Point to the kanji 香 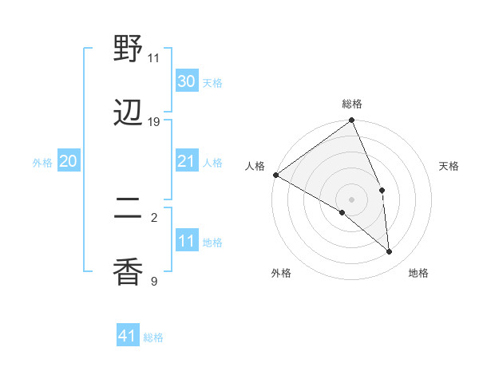tap(129, 273)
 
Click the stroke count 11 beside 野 tap(153, 58)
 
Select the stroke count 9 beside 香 tap(153, 281)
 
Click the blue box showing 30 tap(187, 81)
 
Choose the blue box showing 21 tap(187, 162)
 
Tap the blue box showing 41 tap(129, 336)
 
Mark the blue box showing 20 tap(69, 162)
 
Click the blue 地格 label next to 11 tap(212, 243)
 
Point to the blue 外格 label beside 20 tap(42, 163)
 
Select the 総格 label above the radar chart tap(352, 104)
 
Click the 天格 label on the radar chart tap(449, 166)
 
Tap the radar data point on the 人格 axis tap(275, 175)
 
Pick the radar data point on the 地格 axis tap(390, 251)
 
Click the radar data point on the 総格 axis tap(352, 121)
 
